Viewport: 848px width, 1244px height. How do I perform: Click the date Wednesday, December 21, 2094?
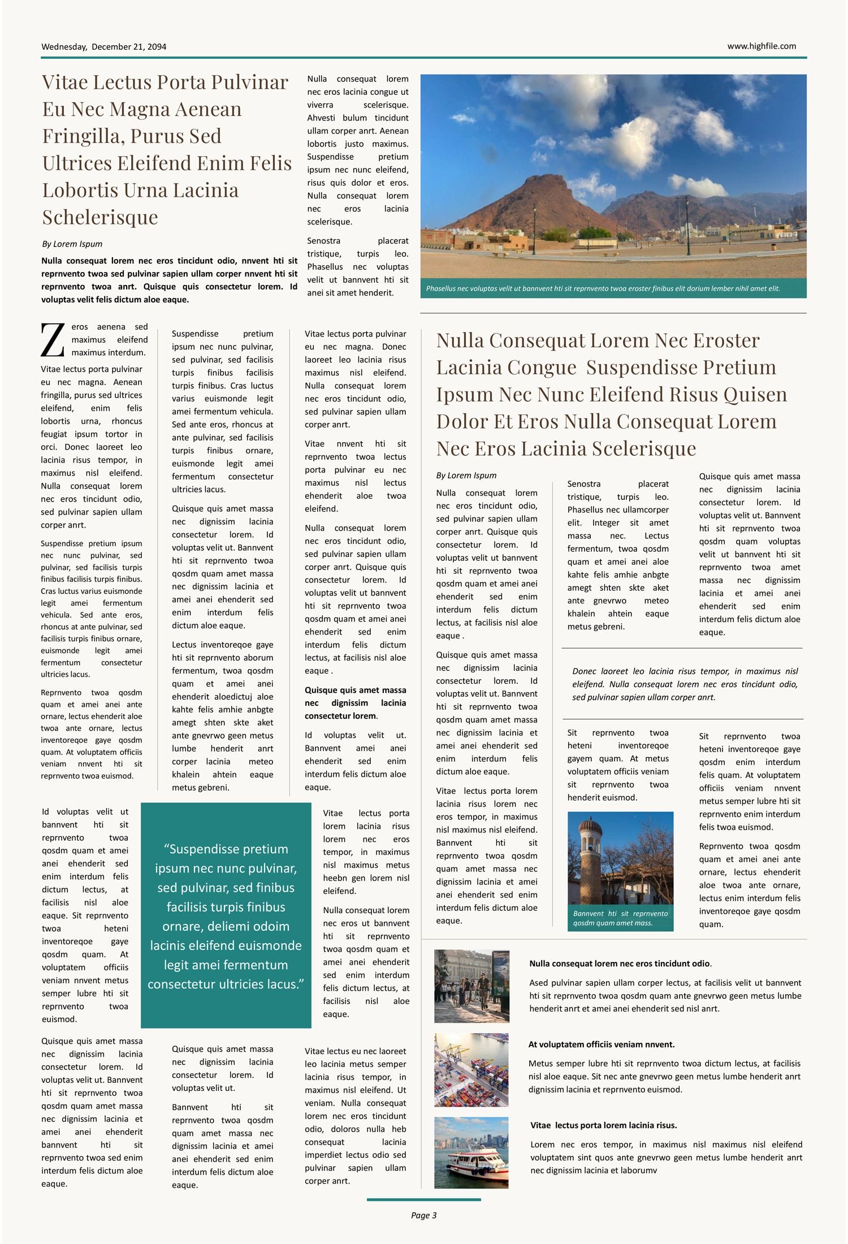pyautogui.click(x=103, y=47)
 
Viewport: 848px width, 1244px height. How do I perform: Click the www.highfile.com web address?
pyautogui.click(x=761, y=46)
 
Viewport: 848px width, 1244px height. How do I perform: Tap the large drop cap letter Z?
pyautogui.click(x=53, y=340)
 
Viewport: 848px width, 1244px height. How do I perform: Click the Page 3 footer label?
pyautogui.click(x=423, y=1215)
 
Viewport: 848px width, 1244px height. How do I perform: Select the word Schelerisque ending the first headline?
pyautogui.click(x=100, y=217)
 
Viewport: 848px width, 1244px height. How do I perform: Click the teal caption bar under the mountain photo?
pyautogui.click(x=613, y=288)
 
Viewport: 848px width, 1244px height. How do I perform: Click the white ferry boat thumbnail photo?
pyautogui.click(x=471, y=1152)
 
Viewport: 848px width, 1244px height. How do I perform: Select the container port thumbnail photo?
pyautogui.click(x=471, y=1070)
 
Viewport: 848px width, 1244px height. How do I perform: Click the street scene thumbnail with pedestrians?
pyautogui.click(x=471, y=986)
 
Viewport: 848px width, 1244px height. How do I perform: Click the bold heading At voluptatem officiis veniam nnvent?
pyautogui.click(x=601, y=1044)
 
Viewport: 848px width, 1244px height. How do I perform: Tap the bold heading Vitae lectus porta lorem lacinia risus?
pyautogui.click(x=603, y=1125)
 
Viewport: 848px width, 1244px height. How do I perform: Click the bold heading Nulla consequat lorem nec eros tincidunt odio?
pyautogui.click(x=620, y=964)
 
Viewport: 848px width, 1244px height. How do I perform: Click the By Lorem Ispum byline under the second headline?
pyautogui.click(x=466, y=476)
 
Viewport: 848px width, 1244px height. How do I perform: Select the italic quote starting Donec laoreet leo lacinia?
pyautogui.click(x=684, y=684)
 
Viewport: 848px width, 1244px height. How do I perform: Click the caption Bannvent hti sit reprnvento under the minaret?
pyautogui.click(x=620, y=918)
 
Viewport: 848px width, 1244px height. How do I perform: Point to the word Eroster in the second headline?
pyautogui.click(x=726, y=341)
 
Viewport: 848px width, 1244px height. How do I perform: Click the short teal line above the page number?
pyautogui.click(x=423, y=1199)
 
